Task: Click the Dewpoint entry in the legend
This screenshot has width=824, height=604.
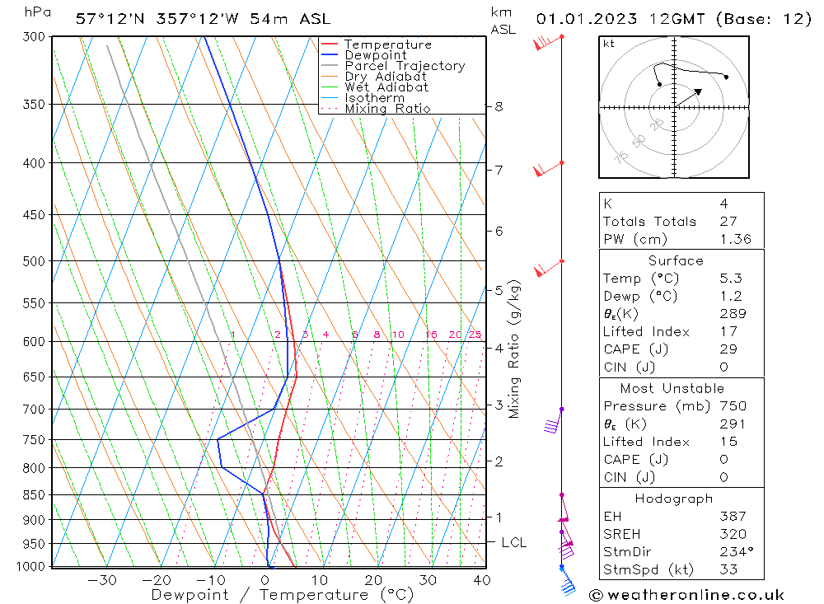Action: click(x=375, y=55)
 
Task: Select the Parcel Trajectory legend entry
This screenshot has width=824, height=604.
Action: click(x=405, y=66)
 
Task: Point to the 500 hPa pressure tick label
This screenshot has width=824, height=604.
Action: click(x=35, y=261)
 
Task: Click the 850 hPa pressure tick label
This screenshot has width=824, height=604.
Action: click(x=35, y=495)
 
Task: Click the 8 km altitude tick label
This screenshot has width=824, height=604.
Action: click(x=499, y=106)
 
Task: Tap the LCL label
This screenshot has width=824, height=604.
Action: click(x=513, y=542)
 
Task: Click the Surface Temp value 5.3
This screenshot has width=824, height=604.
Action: click(x=729, y=279)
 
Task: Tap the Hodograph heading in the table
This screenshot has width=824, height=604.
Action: click(x=675, y=499)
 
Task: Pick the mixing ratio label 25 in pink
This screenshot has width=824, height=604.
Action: click(x=475, y=335)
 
